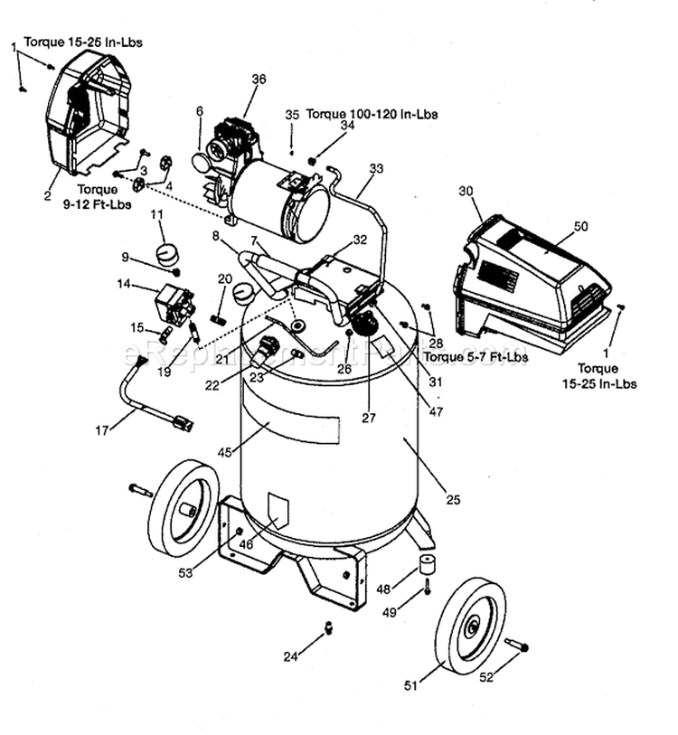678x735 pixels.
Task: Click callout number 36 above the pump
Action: click(x=259, y=80)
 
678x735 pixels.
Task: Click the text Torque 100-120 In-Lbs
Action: click(x=372, y=115)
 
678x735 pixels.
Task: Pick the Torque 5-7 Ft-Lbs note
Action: click(x=478, y=358)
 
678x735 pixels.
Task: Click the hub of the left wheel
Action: click(x=187, y=511)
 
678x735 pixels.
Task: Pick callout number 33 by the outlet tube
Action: click(x=377, y=168)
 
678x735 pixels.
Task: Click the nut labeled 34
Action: click(x=313, y=161)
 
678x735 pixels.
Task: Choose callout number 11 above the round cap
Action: click(x=156, y=214)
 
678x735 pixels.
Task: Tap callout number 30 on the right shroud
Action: click(x=466, y=191)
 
